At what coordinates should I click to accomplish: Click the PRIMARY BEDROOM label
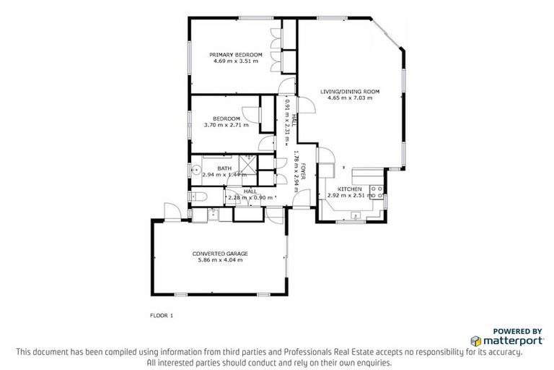[x=235, y=55]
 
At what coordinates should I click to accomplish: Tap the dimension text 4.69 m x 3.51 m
[x=235, y=61]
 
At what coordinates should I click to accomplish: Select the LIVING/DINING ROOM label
[x=350, y=91]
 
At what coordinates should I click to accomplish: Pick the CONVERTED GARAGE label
[x=220, y=254]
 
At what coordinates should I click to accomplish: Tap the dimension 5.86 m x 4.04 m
[x=220, y=260]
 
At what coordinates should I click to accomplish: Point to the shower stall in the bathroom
[x=247, y=165]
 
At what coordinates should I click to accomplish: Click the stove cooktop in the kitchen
[x=376, y=191]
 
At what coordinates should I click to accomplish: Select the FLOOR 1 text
[x=162, y=315]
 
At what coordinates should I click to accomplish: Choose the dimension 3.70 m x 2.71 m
[x=227, y=125]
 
